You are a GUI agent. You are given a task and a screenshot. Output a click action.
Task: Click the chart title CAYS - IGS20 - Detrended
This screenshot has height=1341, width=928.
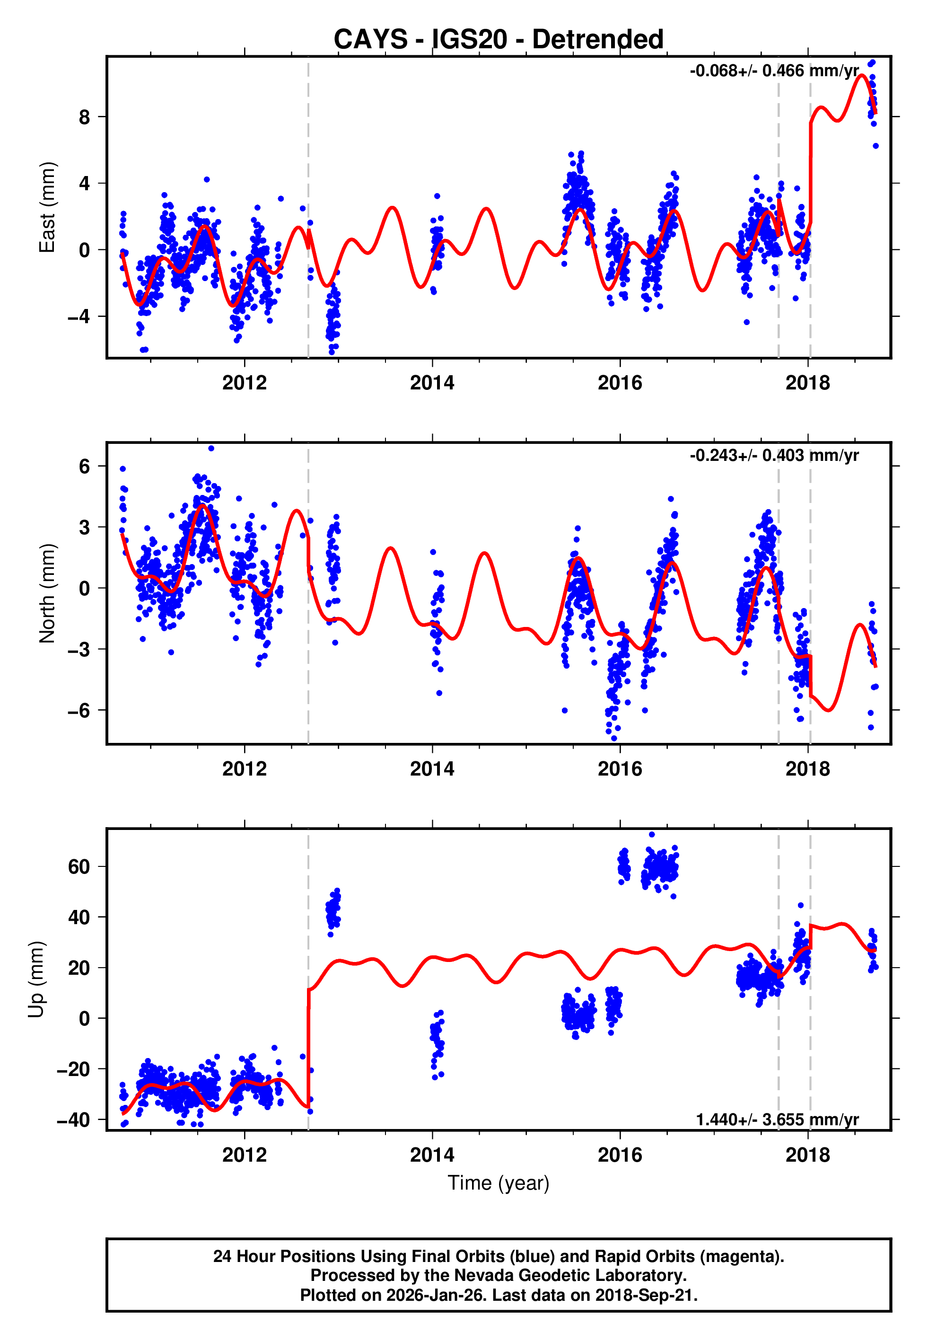499,40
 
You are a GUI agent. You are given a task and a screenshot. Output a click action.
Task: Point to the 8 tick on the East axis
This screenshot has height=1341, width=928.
84,117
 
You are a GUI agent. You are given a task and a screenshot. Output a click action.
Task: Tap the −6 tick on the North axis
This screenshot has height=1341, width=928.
79,710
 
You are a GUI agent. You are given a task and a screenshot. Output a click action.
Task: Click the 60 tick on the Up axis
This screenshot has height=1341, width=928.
79,866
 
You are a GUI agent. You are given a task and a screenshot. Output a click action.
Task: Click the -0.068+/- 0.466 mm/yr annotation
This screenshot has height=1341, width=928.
773,71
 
